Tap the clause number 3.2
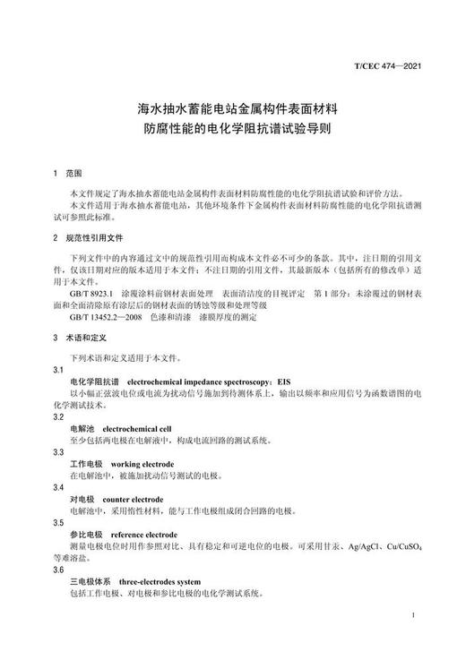click(58, 416)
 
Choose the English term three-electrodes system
click(161, 580)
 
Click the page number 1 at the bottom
click(411, 616)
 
